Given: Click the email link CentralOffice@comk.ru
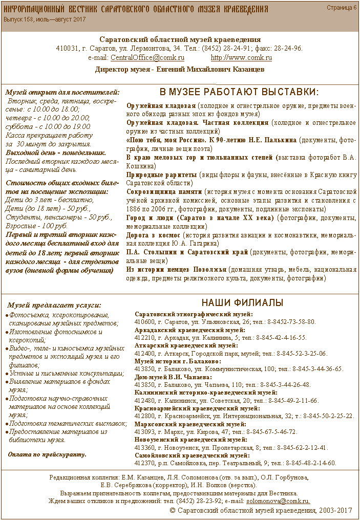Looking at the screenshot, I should click(x=147, y=58).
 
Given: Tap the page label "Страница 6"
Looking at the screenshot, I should click(x=342, y=8).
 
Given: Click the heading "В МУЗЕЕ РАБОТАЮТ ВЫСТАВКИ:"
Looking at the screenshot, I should click(x=239, y=92).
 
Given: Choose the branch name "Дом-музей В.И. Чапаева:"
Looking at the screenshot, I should click(x=170, y=377).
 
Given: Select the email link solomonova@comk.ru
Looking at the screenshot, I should click(x=279, y=500).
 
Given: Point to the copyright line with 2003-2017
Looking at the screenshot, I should click(x=261, y=511).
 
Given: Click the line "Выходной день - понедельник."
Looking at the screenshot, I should click(x=56, y=152).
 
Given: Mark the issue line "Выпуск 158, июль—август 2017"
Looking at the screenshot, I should click(x=45, y=19).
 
